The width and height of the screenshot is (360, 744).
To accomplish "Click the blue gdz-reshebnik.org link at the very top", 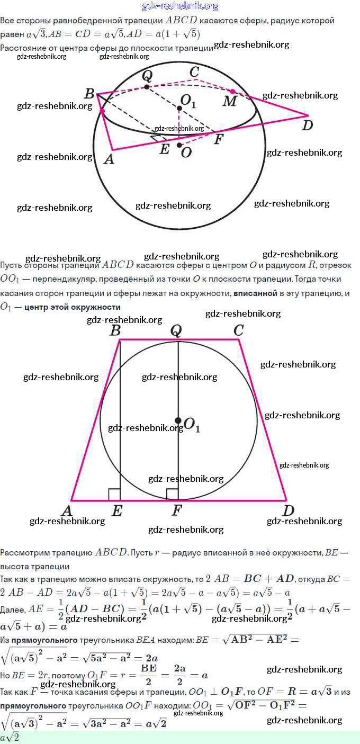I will pyautogui.click(x=180, y=6).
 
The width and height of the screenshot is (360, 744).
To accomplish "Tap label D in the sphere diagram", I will pyautogui.click(x=307, y=125).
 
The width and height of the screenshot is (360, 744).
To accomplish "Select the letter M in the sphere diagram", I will pyautogui.click(x=229, y=101).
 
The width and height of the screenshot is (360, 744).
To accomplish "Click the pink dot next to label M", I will pyautogui.click(x=232, y=91).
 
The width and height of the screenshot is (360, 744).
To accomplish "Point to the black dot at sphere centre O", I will pyautogui.click(x=179, y=145).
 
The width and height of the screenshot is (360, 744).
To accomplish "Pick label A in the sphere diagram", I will pyautogui.click(x=109, y=158).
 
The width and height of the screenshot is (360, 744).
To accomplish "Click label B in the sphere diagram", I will pyautogui.click(x=89, y=94).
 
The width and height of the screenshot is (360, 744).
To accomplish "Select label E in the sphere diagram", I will pyautogui.click(x=165, y=150).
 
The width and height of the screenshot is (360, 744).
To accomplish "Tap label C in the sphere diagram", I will pyautogui.click(x=194, y=72).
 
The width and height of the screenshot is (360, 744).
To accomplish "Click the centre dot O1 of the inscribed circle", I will pyautogui.click(x=178, y=420).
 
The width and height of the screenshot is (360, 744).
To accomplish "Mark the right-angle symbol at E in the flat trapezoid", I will pyautogui.click(x=114, y=495).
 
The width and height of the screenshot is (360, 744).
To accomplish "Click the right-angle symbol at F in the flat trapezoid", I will pyautogui.click(x=172, y=495).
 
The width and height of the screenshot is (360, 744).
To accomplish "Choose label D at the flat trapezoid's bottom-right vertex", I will pyautogui.click(x=288, y=511).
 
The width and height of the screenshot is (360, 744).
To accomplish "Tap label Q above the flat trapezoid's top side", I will pyautogui.click(x=176, y=330).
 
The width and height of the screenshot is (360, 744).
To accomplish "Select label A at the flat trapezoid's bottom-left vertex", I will pyautogui.click(x=67, y=511).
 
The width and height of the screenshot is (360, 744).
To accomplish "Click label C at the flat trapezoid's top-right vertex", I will pyautogui.click(x=238, y=330).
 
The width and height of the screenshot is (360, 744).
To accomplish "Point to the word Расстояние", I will pyautogui.click(x=24, y=48).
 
